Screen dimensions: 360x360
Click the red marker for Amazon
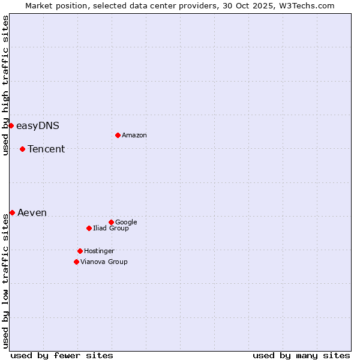(x=118, y=135)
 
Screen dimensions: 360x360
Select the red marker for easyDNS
(x=11, y=125)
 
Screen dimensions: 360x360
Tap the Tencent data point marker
(x=22, y=149)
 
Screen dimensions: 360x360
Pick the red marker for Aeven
(x=12, y=212)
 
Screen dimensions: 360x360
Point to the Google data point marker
(x=111, y=222)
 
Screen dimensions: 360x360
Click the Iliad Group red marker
(x=89, y=228)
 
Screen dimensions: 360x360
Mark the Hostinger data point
(x=80, y=251)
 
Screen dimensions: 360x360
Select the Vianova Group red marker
(x=76, y=262)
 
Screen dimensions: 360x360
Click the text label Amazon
(x=134, y=136)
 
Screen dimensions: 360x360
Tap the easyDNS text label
(x=38, y=126)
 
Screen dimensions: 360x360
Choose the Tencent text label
(x=46, y=149)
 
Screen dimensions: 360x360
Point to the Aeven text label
(x=32, y=213)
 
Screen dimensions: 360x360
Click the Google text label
(x=126, y=223)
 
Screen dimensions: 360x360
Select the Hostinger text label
(x=99, y=251)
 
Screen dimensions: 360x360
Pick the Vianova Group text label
(x=104, y=262)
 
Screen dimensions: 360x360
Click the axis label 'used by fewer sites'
(x=62, y=355)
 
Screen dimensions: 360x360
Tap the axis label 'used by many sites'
(x=301, y=355)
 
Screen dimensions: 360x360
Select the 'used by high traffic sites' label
(x=5, y=85)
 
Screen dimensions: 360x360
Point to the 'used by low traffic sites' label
(x=5, y=281)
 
